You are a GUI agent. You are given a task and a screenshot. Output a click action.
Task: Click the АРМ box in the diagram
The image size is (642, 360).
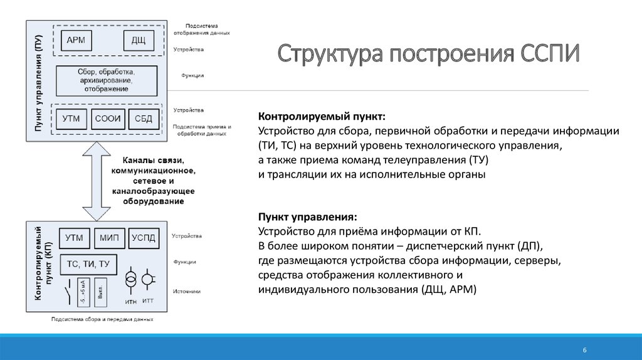point(80,41)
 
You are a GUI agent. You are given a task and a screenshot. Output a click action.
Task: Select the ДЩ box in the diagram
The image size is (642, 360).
point(139,41)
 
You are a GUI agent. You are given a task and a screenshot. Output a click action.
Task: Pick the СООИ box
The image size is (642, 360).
point(108,119)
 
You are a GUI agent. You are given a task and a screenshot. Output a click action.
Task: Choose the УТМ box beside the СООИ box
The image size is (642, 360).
point(73,119)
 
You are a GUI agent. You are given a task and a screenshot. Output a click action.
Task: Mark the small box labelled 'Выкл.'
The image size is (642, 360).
point(100,292)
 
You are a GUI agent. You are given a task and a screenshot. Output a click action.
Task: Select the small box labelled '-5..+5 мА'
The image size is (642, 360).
point(82,292)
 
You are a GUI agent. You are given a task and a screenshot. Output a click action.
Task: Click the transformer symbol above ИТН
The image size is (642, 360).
point(131,280)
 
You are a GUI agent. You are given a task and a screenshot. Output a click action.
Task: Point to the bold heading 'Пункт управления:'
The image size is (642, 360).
point(307,216)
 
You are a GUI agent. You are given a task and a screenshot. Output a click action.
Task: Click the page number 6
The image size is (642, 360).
point(584,349)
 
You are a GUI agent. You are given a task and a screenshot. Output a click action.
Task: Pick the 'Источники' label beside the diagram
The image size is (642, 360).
point(187,291)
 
